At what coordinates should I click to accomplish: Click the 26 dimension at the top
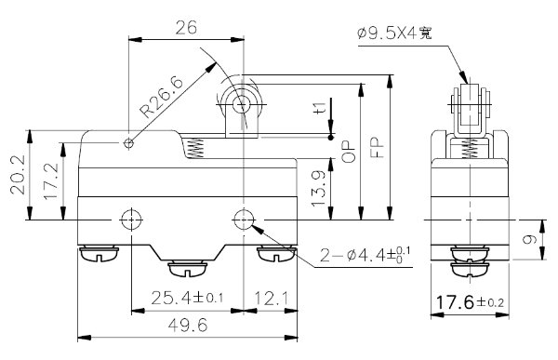click(x=185, y=29)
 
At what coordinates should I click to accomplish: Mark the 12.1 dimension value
click(x=270, y=300)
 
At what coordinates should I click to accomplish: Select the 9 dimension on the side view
click(x=531, y=240)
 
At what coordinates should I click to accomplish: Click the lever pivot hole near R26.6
click(x=130, y=142)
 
